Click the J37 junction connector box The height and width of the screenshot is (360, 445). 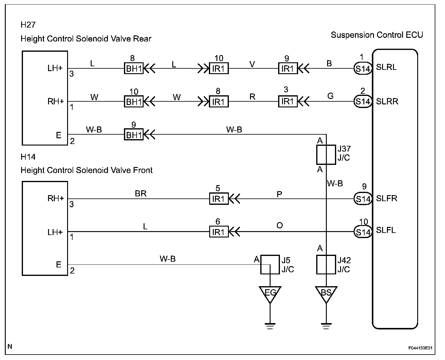click(x=317, y=155)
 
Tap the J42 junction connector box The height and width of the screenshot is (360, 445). click(x=317, y=264)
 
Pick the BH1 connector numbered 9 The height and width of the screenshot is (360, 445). click(x=134, y=134)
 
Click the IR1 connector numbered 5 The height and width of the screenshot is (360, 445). click(x=219, y=199)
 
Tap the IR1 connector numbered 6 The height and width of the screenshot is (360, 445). click(x=219, y=232)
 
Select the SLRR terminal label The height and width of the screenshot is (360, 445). click(x=387, y=101)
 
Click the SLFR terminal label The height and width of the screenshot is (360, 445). click(x=387, y=198)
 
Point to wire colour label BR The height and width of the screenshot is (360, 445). click(x=141, y=193)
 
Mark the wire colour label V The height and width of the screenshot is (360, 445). click(x=252, y=64)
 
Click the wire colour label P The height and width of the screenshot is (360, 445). click(x=279, y=194)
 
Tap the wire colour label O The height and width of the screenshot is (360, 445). click(x=280, y=225)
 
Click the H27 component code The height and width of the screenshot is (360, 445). click(x=28, y=25)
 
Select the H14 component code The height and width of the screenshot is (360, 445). click(x=28, y=157)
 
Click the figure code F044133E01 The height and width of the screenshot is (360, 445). click(x=420, y=348)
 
